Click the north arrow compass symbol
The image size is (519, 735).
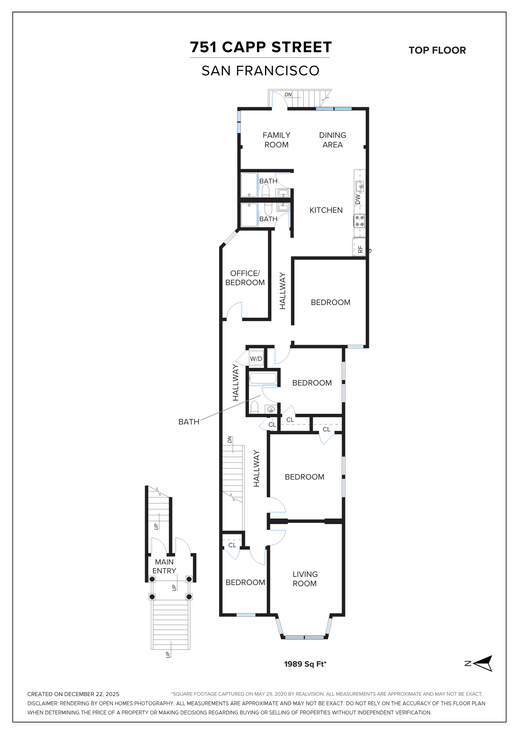click(483, 663)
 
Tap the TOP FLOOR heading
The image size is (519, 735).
click(437, 50)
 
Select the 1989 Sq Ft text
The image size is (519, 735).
click(305, 664)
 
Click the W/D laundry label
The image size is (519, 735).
click(256, 359)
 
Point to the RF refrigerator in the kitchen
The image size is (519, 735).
click(359, 247)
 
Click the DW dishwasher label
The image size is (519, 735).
click(358, 199)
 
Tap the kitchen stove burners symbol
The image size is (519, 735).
click(360, 221)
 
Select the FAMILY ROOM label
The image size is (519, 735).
click(276, 140)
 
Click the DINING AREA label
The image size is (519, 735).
click(333, 140)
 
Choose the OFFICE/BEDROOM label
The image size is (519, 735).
click(245, 278)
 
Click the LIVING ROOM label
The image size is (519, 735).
click(305, 579)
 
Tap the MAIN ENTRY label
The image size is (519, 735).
click(164, 566)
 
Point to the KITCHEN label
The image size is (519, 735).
click(326, 210)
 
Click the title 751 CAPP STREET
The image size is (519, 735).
click(261, 47)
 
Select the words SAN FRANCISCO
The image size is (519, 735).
click(261, 71)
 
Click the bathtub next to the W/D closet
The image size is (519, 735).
click(263, 379)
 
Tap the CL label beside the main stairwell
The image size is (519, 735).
click(232, 545)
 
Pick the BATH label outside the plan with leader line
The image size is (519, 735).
click(189, 422)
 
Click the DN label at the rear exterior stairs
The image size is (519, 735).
click(288, 94)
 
